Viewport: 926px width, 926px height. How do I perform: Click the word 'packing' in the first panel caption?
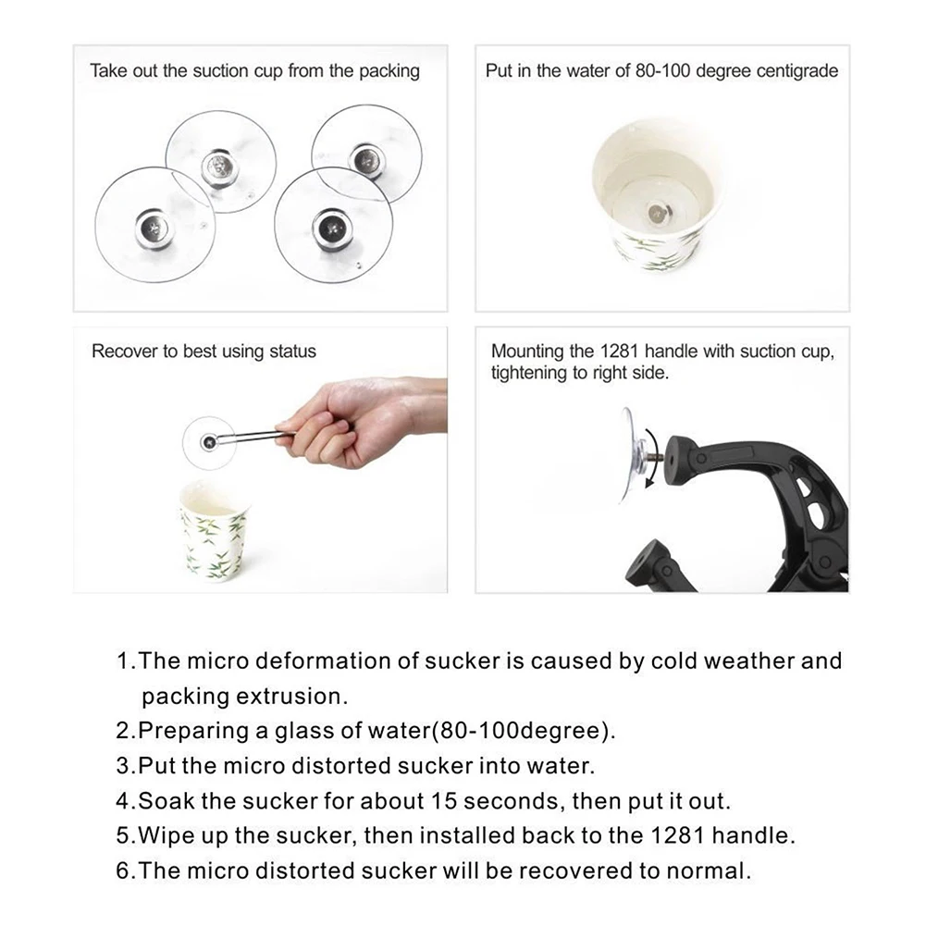pyautogui.click(x=389, y=71)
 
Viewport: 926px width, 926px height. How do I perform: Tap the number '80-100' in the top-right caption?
pyautogui.click(x=662, y=71)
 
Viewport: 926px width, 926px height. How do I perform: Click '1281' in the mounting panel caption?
pyautogui.click(x=620, y=352)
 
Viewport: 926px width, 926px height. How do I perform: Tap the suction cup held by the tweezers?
pyautogui.click(x=208, y=443)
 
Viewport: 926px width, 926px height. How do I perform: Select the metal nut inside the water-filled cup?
pyautogui.click(x=658, y=212)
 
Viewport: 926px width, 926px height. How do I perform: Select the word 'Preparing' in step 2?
pyautogui.click(x=193, y=731)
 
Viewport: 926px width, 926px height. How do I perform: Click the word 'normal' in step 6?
pyautogui.click(x=708, y=871)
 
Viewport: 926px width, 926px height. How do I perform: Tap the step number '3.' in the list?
pyautogui.click(x=126, y=766)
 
